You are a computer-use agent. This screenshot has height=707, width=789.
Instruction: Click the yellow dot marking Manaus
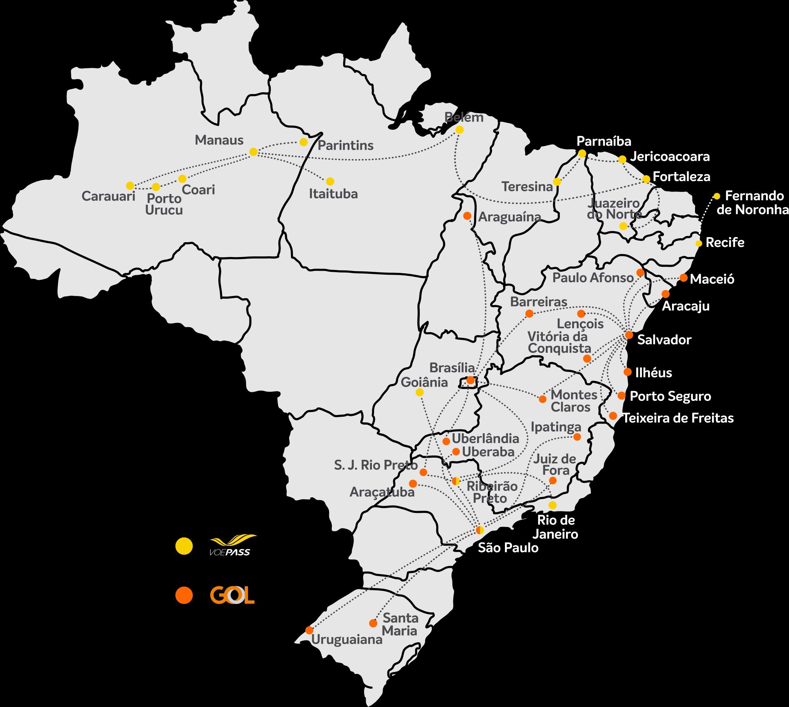253,152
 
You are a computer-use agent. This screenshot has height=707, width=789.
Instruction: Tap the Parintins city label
346,146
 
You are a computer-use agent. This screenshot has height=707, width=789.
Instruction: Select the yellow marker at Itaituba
330,181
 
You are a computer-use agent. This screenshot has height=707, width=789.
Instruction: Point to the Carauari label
108,196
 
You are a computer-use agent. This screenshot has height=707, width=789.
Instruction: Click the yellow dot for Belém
460,130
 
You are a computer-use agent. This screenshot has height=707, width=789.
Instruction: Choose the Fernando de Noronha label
753,202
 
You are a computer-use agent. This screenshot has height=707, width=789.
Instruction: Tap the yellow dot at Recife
699,244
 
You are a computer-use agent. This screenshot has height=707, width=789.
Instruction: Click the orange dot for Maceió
684,278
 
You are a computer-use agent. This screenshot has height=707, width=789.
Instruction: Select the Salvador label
664,340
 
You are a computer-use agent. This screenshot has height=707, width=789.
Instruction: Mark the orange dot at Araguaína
467,215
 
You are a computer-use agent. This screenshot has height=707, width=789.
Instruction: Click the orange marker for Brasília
470,380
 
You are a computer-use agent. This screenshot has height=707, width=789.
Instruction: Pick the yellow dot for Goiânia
420,392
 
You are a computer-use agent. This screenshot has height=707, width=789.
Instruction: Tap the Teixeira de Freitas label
678,418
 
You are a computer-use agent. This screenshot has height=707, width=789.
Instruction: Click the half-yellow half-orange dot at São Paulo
480,530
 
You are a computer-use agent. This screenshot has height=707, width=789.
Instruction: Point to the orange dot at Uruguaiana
309,630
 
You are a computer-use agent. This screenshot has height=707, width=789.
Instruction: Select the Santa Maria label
400,624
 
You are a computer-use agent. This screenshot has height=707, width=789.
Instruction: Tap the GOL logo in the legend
232,595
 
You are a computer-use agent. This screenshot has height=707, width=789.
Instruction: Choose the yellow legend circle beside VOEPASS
184,546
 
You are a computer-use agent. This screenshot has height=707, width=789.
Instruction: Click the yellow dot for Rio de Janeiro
552,505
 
